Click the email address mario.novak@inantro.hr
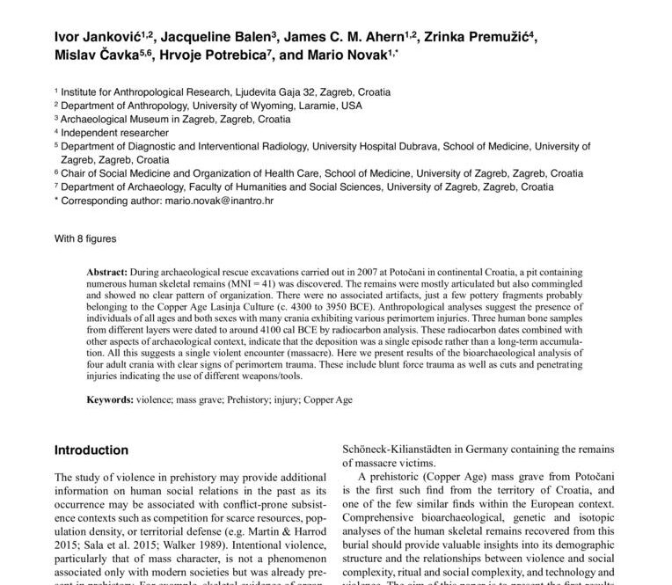[219, 201]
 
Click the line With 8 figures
[84, 238]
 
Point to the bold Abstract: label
[106, 274]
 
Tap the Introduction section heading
[91, 450]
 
